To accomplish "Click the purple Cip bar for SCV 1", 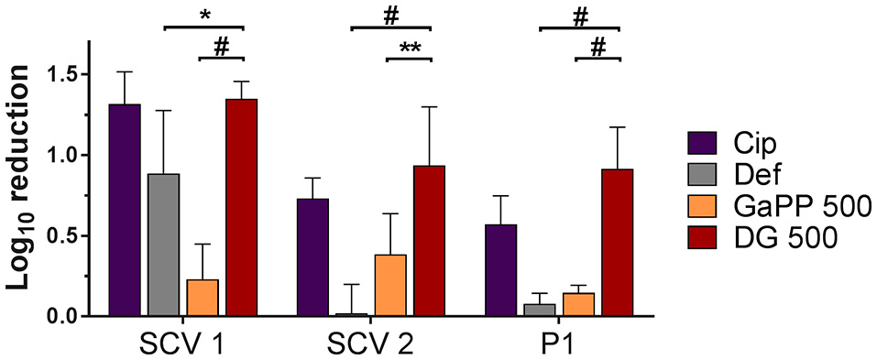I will point(124,210).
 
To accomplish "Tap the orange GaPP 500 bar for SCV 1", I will point(203,298).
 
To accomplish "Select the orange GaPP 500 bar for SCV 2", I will point(390,285).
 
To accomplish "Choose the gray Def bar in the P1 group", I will point(540,310).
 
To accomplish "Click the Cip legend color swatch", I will point(701,143).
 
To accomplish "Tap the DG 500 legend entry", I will point(779,239).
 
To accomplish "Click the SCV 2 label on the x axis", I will point(370,344).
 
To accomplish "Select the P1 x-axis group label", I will point(559,344).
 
